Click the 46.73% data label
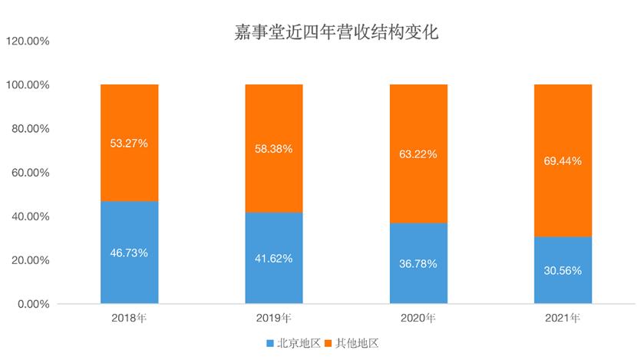click(130, 252)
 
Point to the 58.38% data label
click(274, 149)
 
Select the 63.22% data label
click(418, 154)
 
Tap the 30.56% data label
click(563, 270)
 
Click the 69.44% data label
click(563, 161)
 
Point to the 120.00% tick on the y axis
click(28, 41)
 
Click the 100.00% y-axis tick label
click(28, 84)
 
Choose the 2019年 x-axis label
click(274, 318)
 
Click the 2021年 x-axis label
click(563, 318)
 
